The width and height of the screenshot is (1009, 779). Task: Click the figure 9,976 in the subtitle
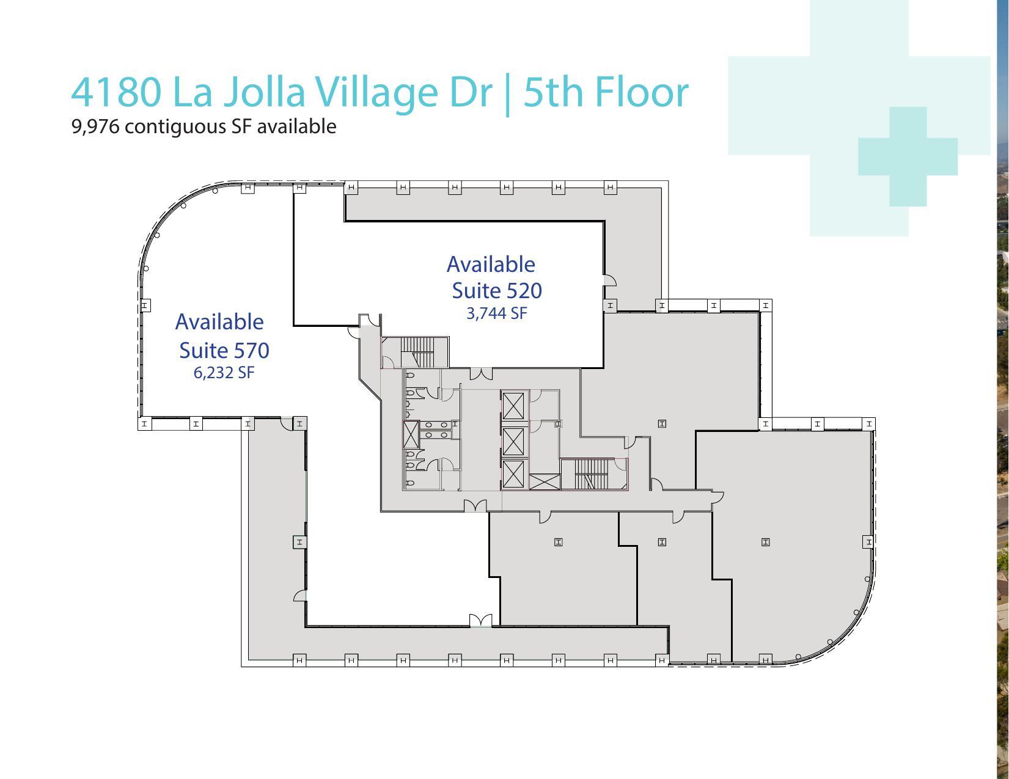(95, 126)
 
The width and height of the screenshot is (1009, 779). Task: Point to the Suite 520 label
(496, 290)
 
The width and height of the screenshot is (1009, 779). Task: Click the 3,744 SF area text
(496, 313)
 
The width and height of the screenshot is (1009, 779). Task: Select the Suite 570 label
(224, 350)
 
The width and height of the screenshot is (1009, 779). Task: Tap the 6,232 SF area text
(224, 373)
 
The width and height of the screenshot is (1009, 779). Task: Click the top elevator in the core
(513, 405)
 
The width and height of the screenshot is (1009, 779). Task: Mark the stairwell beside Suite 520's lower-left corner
(416, 353)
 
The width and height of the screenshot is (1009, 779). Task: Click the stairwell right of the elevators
(593, 474)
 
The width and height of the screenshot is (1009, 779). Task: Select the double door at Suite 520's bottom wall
(480, 373)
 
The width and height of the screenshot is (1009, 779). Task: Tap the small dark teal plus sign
(908, 156)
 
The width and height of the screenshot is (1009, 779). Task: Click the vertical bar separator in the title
(508, 93)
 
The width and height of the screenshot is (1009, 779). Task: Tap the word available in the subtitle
(296, 126)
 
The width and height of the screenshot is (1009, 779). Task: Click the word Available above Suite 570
(219, 322)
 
